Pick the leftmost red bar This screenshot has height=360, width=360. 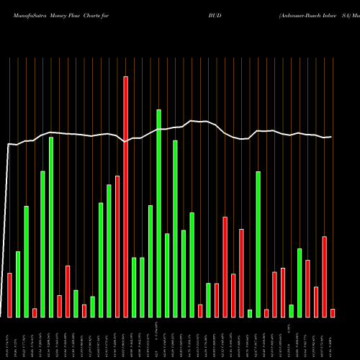[9, 295]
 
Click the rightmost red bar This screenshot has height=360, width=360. [333, 312]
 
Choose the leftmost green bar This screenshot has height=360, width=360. [18, 284]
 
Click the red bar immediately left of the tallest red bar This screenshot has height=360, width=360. [117, 246]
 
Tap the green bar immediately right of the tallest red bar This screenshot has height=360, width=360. [134, 287]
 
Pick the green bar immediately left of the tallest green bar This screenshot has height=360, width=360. [150, 261]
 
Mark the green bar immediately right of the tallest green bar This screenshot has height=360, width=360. [167, 275]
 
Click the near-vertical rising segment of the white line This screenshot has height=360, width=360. [7, 230]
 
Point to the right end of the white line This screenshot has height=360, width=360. [331, 137]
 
